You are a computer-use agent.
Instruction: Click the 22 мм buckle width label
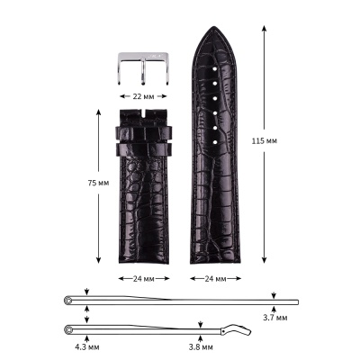(143, 96)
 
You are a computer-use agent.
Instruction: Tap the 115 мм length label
(265, 140)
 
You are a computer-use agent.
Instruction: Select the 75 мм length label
(98, 183)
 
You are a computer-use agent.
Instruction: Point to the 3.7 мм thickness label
(275, 318)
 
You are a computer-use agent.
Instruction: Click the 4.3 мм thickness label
(87, 347)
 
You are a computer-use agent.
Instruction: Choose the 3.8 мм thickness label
(201, 347)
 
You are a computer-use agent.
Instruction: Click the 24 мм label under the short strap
(144, 279)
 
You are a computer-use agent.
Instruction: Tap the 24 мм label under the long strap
(215, 279)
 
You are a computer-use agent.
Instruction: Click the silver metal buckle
(143, 68)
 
